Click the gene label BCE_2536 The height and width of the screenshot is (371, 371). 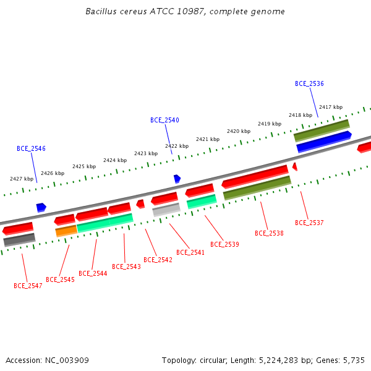[309, 83]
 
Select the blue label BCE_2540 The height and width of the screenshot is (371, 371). [164, 120]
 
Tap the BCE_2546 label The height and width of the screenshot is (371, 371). [31, 148]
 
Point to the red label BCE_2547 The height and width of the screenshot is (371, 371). [28, 286]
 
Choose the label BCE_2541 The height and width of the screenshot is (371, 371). [190, 252]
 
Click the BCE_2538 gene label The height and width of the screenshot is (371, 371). [269, 233]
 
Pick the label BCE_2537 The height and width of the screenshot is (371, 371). [309, 223]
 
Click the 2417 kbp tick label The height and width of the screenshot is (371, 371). [331, 107]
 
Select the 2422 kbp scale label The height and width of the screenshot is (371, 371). [177, 146]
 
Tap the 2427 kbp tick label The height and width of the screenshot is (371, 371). [22, 179]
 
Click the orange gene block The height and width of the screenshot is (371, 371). [66, 231]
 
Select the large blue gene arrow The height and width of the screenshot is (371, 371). [324, 142]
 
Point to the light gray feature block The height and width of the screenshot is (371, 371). [166, 210]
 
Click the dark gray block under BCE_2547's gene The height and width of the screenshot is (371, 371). [19, 240]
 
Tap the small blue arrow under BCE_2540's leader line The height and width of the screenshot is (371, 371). [177, 179]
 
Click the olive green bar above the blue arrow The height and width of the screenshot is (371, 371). [322, 130]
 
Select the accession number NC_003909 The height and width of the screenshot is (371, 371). [67, 360]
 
